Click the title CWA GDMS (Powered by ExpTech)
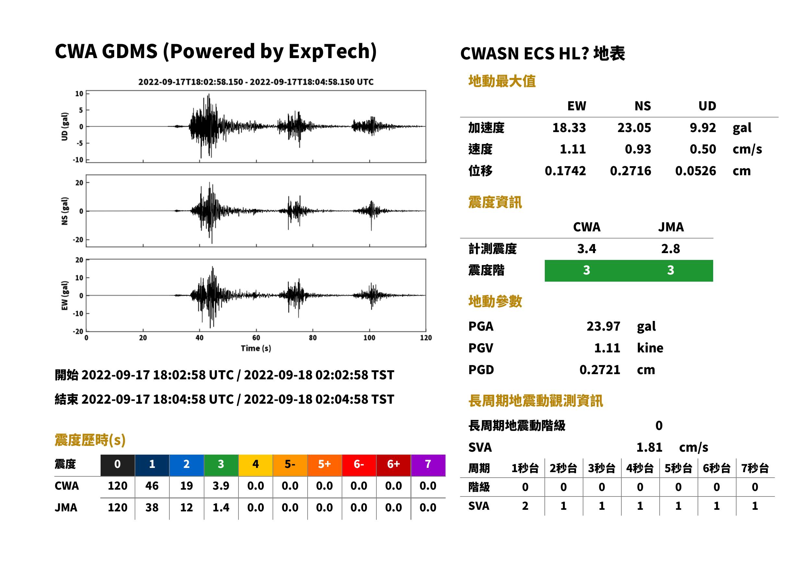(215, 51)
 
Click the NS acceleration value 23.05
(634, 128)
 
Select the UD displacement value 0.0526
(695, 171)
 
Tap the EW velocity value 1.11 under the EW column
(572, 149)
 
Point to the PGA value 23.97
(603, 326)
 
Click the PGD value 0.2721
(600, 370)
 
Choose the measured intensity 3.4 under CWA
(587, 249)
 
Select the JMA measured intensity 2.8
(670, 249)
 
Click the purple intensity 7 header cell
(428, 465)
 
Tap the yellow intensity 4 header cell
(256, 465)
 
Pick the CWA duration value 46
(152, 486)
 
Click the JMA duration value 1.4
(221, 508)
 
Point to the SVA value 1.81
(649, 447)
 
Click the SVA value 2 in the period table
(525, 506)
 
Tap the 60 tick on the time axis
(256, 338)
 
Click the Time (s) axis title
(256, 349)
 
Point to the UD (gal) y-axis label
(65, 127)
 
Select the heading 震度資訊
(495, 202)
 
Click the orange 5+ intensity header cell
(324, 465)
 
